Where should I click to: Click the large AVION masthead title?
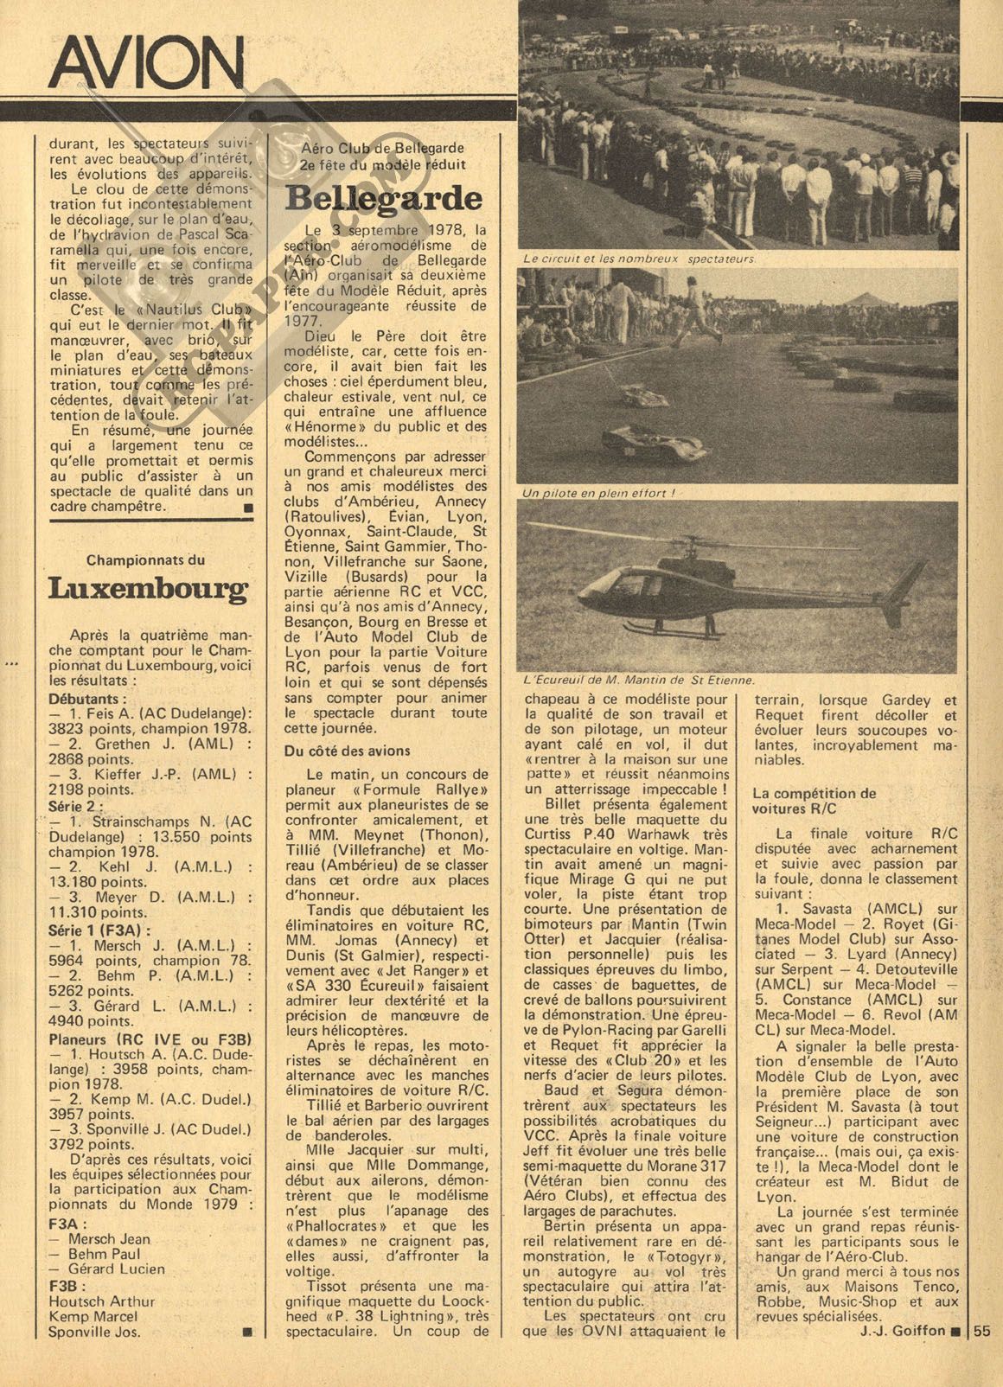click(147, 64)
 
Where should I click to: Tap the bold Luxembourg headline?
click(147, 590)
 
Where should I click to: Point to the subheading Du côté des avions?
click(348, 751)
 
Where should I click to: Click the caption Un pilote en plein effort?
click(597, 493)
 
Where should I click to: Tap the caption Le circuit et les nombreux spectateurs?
click(640, 259)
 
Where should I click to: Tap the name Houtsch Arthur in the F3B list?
click(103, 1301)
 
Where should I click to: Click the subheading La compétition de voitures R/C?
click(814, 801)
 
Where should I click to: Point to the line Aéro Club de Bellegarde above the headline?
click(383, 149)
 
